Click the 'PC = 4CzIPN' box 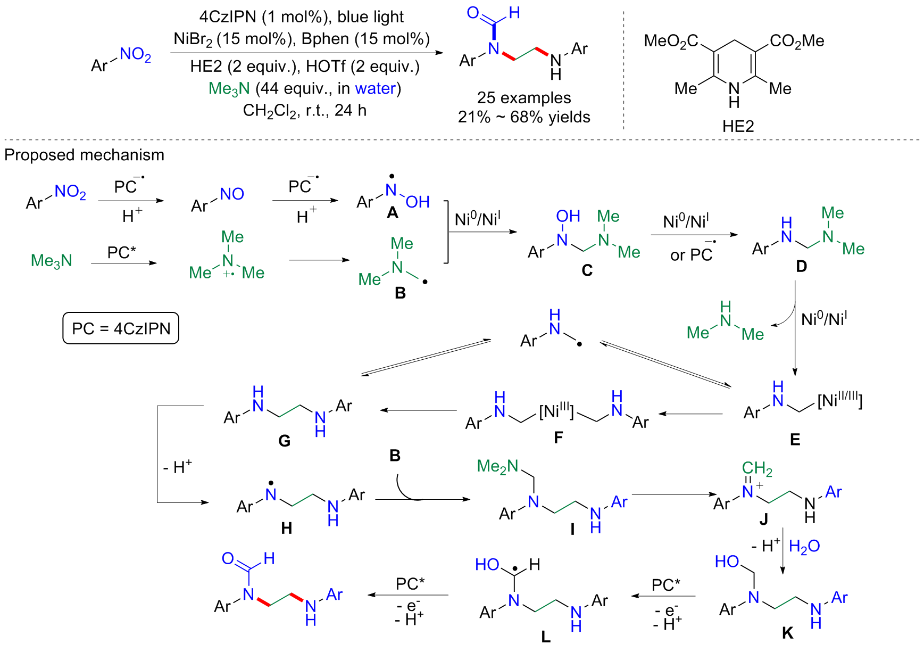121,328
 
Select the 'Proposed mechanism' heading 84,155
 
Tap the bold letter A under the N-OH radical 393,213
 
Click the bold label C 587,270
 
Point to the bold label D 801,266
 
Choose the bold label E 795,439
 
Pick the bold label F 558,438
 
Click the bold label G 284,441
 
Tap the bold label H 286,528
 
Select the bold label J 763,519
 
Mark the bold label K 787,633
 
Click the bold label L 546,637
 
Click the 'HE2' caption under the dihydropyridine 738,126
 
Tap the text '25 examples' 523,98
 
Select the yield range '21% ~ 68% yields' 523,117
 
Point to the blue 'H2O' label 804,546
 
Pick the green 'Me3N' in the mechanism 51,261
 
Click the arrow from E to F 690,414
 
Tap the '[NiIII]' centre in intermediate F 556,411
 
